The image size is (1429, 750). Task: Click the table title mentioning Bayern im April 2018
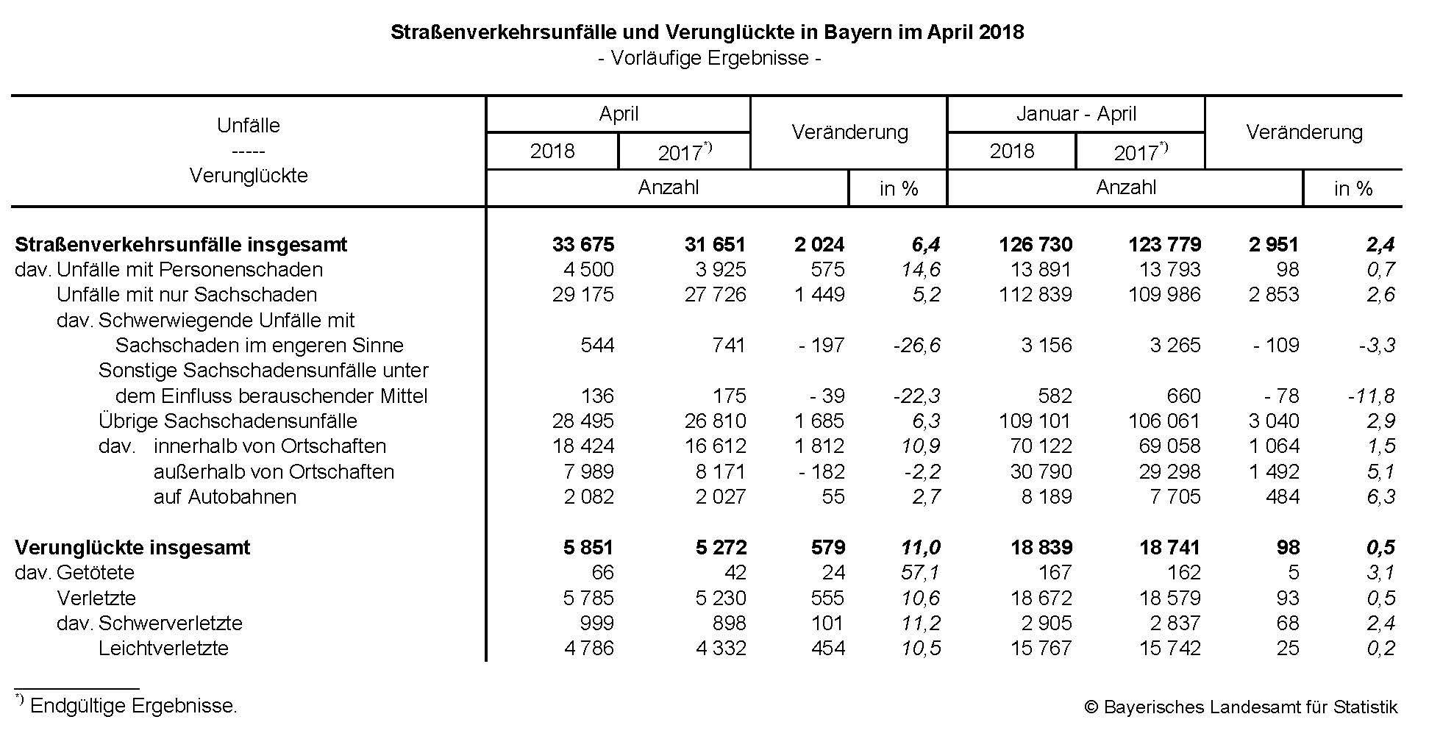point(707,32)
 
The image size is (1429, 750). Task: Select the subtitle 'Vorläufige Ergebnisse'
point(710,58)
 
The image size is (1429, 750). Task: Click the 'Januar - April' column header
point(1076,114)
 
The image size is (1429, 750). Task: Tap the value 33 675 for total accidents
point(583,244)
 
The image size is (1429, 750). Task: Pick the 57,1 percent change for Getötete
point(920,572)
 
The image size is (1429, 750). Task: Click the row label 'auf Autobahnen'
point(224,497)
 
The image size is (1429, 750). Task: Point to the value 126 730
point(1036,244)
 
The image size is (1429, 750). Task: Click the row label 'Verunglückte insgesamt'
point(132,548)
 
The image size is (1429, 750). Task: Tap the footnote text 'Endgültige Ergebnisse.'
point(133,707)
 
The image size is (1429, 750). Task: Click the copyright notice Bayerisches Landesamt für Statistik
point(1241,707)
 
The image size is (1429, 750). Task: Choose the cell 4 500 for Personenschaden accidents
point(588,270)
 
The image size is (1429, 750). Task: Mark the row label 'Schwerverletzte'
point(170,624)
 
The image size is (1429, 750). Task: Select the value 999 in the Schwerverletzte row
point(596,624)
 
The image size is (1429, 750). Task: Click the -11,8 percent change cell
point(1371,396)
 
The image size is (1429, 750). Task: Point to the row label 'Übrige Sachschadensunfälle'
point(227,421)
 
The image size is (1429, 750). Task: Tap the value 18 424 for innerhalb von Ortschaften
point(583,446)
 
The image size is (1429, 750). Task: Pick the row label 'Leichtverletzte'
point(163,649)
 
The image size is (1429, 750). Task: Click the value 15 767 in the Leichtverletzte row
point(1041,649)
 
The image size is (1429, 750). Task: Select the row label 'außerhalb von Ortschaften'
point(274,472)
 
